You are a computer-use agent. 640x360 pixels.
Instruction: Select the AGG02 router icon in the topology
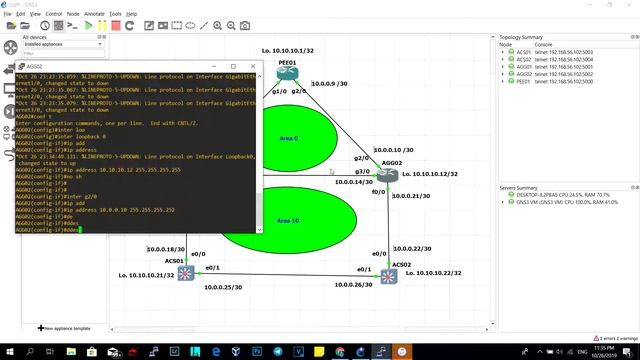coord(388,175)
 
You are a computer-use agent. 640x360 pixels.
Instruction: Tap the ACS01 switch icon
coord(185,273)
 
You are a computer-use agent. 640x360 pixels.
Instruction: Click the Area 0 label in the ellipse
coord(288,139)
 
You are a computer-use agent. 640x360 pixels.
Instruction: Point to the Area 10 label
coord(288,220)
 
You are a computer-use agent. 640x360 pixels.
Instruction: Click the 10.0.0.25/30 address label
coord(223,287)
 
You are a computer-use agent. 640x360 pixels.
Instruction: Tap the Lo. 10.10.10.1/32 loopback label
coord(288,50)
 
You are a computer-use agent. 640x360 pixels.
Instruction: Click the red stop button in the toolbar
coord(116,24)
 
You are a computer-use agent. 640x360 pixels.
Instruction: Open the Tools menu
coord(116,14)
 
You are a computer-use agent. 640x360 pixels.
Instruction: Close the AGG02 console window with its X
coord(252,66)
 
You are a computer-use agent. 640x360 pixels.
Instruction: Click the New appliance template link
coord(66,328)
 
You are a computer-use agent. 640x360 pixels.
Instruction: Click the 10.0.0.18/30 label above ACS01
coord(166,249)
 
